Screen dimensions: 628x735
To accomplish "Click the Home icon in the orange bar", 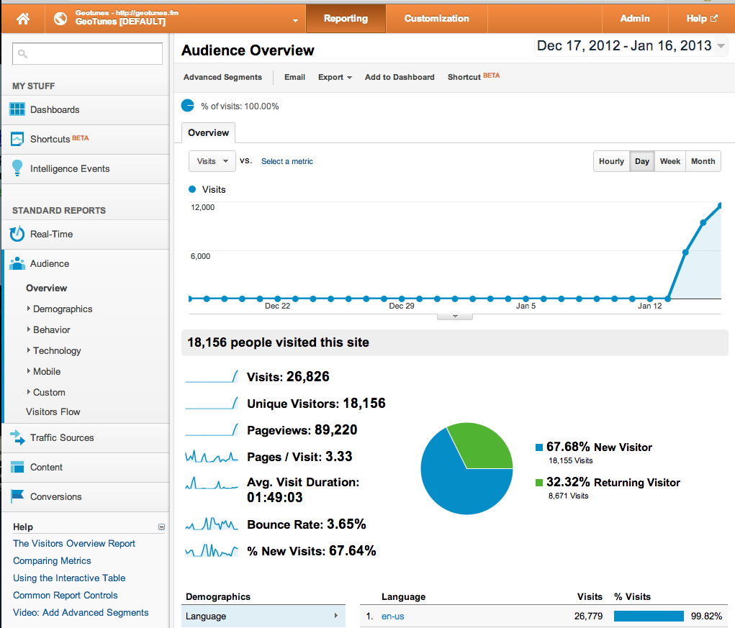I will [x=23, y=19].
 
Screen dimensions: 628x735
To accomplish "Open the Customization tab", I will [x=436, y=19].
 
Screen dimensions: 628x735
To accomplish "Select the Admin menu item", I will [x=634, y=19].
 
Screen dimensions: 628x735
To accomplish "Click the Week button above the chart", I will [x=669, y=161].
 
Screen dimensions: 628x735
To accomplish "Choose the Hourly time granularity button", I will [x=611, y=161].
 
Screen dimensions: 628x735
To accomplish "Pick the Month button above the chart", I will [x=703, y=161].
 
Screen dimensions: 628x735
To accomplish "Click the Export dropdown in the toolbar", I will [x=335, y=77].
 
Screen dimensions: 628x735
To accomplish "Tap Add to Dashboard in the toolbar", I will [x=400, y=77].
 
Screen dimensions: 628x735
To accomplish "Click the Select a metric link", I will [x=287, y=161].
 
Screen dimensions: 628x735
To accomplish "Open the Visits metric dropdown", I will [x=212, y=161].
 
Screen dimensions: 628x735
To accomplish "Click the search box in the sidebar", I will [x=87, y=53].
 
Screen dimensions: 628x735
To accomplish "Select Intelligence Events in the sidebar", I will [x=70, y=168].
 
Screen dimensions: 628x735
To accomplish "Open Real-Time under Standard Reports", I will [x=51, y=234].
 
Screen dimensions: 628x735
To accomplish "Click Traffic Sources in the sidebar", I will [x=62, y=437].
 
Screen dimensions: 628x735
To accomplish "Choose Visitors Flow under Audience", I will [x=53, y=411].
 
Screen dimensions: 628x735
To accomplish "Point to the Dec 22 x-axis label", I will [x=277, y=306].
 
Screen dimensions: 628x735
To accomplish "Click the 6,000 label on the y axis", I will [x=200, y=256].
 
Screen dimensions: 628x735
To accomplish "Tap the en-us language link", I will [x=393, y=616].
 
